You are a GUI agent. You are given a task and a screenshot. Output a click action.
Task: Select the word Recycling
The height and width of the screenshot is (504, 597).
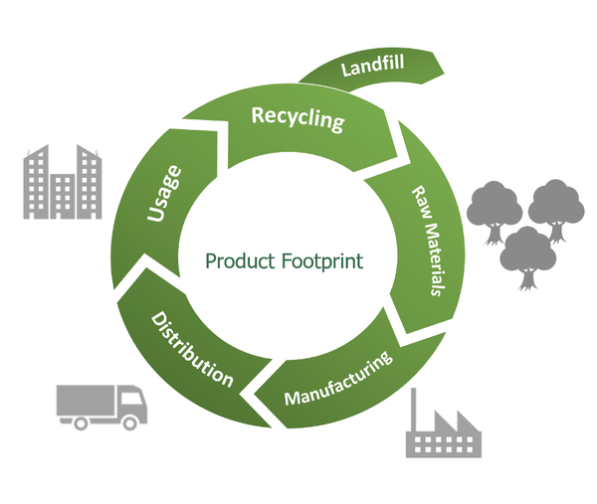click(x=298, y=118)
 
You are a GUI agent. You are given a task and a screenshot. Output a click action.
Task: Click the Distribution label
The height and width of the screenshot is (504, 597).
click(x=192, y=349)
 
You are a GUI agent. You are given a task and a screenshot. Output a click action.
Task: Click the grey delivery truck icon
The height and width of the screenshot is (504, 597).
click(x=101, y=405)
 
